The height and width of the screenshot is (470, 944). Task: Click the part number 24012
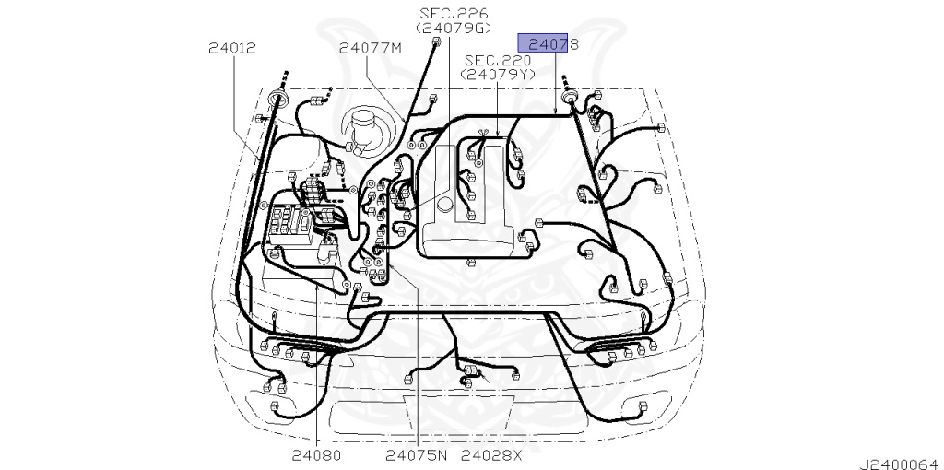(231, 48)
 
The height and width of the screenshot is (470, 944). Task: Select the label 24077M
(370, 48)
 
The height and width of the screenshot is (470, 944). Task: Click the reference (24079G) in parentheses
(454, 28)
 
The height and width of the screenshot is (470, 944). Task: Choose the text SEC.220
(497, 60)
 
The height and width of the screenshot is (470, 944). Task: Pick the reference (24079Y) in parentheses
(497, 75)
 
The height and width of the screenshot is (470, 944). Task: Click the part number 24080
(317, 455)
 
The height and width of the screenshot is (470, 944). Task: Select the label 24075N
(417, 455)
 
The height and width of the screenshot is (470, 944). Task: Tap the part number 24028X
(491, 455)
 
